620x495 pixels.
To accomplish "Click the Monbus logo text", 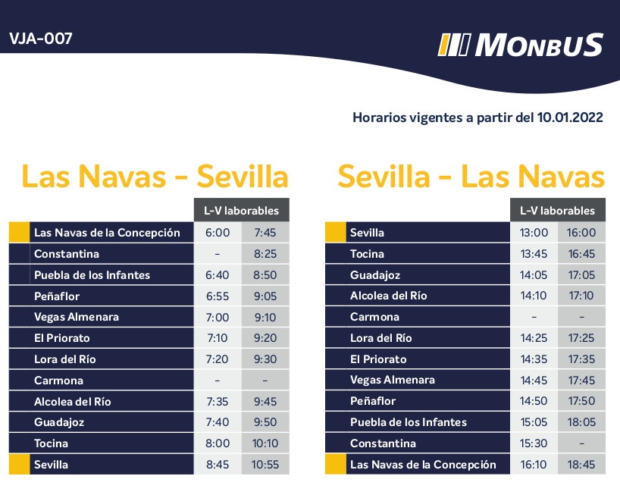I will click(x=538, y=45).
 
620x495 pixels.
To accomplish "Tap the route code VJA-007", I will click(x=41, y=39).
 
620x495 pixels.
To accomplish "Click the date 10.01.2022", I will click(x=570, y=117).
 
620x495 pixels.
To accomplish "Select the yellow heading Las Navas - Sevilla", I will click(x=155, y=177).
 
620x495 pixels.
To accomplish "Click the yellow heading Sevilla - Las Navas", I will click(x=471, y=177).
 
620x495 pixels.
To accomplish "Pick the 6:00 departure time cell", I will click(x=218, y=233).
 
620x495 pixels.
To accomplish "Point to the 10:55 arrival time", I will click(x=265, y=465).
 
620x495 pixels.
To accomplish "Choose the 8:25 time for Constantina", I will click(x=265, y=254).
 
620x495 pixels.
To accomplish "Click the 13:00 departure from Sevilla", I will click(x=534, y=233).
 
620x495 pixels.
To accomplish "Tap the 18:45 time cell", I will click(x=581, y=465).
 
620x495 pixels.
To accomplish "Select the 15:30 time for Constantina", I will click(x=534, y=443).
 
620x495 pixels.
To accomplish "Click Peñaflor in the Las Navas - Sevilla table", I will click(x=57, y=296).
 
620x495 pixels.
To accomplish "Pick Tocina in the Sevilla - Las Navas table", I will click(x=367, y=254).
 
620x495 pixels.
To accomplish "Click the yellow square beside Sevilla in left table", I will click(x=18, y=465).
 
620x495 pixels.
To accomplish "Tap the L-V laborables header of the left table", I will click(x=241, y=210).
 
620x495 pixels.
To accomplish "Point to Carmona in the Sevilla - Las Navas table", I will click(x=374, y=317).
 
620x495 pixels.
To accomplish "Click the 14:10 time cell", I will click(x=534, y=296).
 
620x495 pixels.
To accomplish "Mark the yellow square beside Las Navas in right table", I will click(x=334, y=465).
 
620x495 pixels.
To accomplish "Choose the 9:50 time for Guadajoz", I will click(x=265, y=422).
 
